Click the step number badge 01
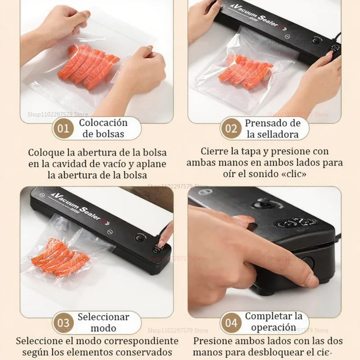click(x=63, y=129)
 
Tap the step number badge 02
click(x=231, y=129)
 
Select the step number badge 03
click(x=63, y=323)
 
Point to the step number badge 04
click(x=231, y=323)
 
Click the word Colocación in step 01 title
click(x=103, y=122)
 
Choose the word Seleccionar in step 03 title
click(x=103, y=316)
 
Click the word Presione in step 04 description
click(x=213, y=341)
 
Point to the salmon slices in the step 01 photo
click(x=88, y=65)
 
